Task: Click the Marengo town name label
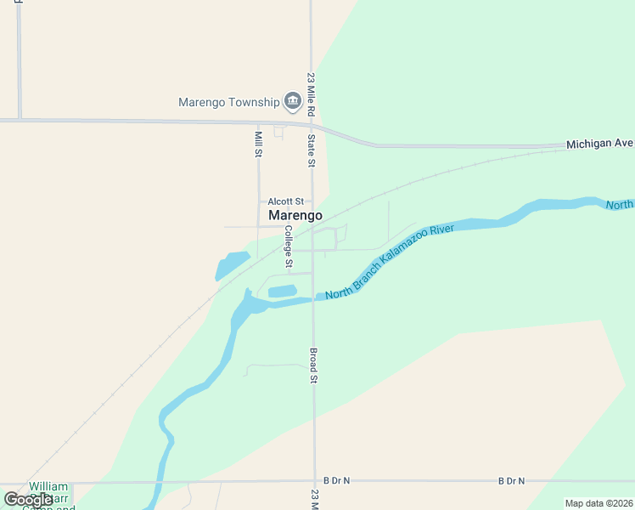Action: (x=295, y=216)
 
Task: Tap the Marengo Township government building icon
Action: (x=293, y=102)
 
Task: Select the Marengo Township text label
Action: (x=228, y=103)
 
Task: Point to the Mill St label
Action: (x=258, y=144)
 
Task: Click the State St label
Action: (x=312, y=150)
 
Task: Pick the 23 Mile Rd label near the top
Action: (x=312, y=94)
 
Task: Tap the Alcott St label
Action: (x=285, y=201)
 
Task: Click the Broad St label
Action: (x=312, y=365)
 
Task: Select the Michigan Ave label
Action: (x=599, y=144)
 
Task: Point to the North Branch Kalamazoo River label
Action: (x=396, y=261)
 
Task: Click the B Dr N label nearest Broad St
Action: (x=336, y=481)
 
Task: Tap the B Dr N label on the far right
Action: (x=511, y=481)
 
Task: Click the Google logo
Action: (x=28, y=500)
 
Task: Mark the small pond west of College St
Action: (x=230, y=264)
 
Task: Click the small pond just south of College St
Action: (x=282, y=292)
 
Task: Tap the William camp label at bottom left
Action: (x=48, y=488)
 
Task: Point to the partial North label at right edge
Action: (x=620, y=205)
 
